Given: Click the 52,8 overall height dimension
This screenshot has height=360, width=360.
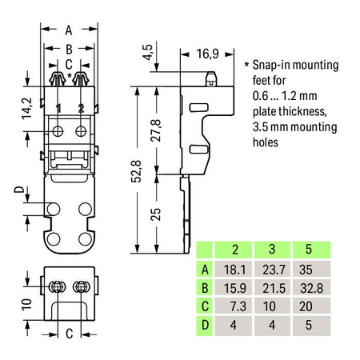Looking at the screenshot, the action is [x=136, y=171].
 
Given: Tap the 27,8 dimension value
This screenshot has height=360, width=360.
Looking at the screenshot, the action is [x=156, y=130].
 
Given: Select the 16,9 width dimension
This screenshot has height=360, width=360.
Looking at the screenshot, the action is [x=208, y=54].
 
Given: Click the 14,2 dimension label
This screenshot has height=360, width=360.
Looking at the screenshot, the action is [x=27, y=109].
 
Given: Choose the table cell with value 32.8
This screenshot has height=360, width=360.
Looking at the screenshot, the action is [x=312, y=288].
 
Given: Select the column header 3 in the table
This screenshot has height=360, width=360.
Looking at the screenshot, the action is [x=272, y=249].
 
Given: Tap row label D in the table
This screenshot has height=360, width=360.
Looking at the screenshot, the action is [x=205, y=326].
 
